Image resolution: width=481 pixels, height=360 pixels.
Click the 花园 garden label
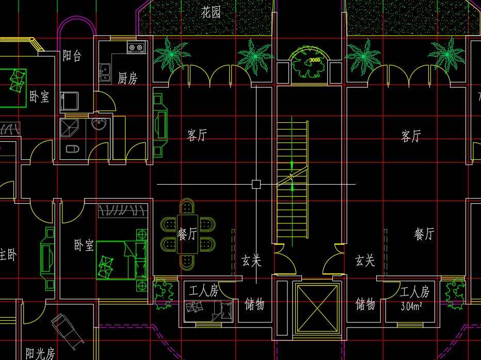click(x=211, y=12)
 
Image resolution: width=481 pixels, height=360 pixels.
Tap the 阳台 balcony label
click(x=72, y=56)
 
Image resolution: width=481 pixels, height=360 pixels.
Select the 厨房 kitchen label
click(x=127, y=79)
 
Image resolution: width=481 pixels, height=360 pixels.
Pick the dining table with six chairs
click(x=187, y=234)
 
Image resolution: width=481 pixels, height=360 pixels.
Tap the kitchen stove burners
click(x=136, y=48)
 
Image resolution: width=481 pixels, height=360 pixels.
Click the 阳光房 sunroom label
click(x=40, y=353)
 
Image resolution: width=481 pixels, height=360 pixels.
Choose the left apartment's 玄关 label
click(x=251, y=261)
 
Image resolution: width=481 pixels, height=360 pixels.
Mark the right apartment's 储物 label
click(x=365, y=304)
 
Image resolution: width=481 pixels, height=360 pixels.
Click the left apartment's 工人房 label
click(x=204, y=291)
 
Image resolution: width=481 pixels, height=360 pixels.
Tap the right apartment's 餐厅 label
click(x=424, y=235)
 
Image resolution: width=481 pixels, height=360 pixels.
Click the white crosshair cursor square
click(x=256, y=184)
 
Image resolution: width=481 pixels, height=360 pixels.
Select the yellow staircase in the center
click(x=292, y=181)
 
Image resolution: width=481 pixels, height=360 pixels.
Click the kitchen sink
click(x=105, y=73)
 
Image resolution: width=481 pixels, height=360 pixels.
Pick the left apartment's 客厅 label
click(x=197, y=136)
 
